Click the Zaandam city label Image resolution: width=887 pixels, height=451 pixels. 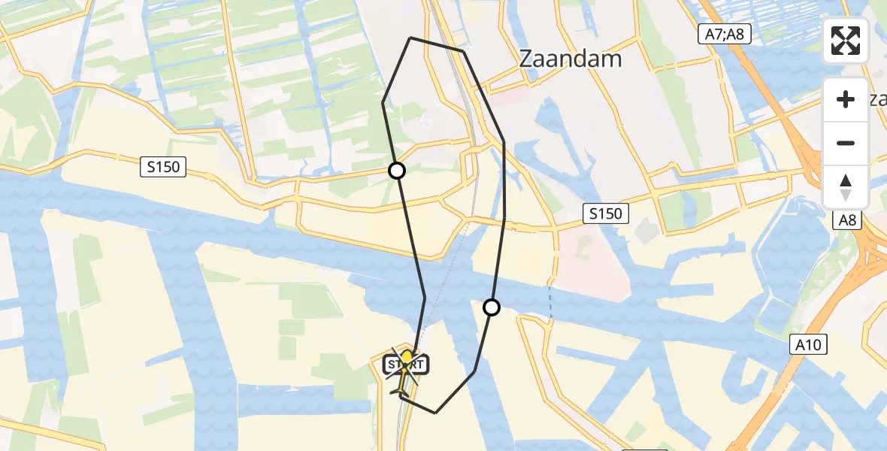tap(571, 59)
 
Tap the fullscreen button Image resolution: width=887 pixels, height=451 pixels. tap(846, 41)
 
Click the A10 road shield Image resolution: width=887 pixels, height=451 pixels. tap(808, 345)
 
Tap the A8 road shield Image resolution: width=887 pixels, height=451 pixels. tap(848, 219)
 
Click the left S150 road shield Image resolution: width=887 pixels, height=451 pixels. tap(163, 167)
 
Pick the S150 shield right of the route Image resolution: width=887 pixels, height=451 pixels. tap(605, 213)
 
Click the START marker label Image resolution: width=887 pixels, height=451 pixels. tap(406, 365)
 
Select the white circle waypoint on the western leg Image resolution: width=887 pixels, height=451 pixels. tap(397, 171)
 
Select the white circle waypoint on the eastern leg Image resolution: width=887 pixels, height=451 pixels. tap(492, 307)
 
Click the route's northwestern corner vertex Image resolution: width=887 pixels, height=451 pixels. tap(410, 38)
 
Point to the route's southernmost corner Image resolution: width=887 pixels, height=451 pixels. tap(435, 413)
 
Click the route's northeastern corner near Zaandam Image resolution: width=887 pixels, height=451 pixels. tap(463, 52)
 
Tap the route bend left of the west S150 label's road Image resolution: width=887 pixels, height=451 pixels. tap(383, 103)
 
